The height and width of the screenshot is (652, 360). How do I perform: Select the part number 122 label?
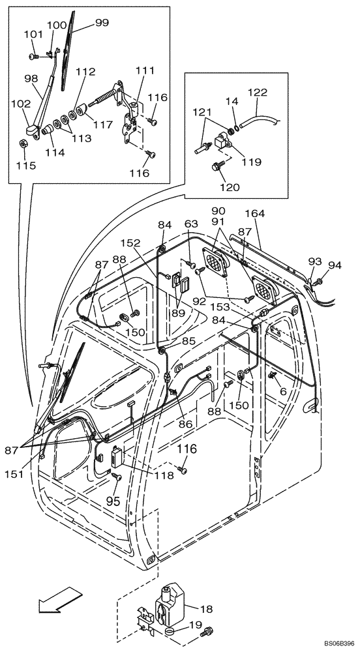coord(257,93)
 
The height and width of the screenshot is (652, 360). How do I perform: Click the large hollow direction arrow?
coord(54,601)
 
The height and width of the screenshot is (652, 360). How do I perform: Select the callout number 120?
coord(230,187)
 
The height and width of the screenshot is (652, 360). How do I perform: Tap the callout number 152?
coord(130,243)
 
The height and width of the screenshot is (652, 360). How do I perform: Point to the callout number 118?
coord(164,475)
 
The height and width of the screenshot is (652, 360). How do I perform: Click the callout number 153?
coord(239,306)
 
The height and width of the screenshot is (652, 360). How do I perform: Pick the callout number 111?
coord(145,70)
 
